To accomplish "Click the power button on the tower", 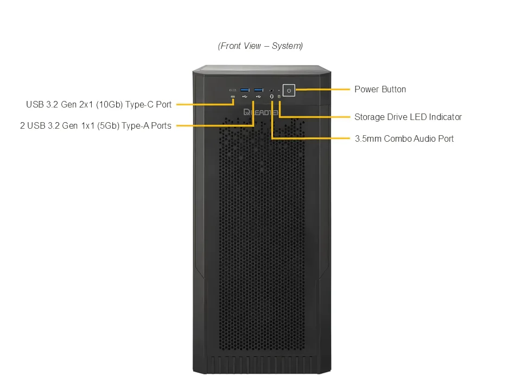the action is click(289, 91).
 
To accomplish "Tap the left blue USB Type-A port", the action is click(245, 90).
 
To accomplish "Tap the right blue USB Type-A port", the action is click(258, 90).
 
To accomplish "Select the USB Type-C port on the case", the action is click(233, 90).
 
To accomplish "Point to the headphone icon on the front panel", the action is click(271, 97).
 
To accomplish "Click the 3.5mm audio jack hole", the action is click(271, 90).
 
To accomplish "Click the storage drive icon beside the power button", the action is click(279, 97).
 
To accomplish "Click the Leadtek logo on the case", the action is click(261, 112).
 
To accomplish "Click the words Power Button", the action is click(380, 90).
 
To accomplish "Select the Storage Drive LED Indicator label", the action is click(408, 117).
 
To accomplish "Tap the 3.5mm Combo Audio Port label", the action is click(404, 138).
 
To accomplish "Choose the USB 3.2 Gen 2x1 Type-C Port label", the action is click(99, 104).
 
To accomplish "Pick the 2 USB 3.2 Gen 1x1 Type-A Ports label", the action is click(96, 125).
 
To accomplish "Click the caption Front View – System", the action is click(260, 46).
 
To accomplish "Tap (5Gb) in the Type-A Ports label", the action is click(108, 125).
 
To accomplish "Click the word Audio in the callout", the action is click(424, 138).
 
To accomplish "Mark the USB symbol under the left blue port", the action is click(245, 97).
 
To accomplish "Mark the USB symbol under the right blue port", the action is click(258, 97).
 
